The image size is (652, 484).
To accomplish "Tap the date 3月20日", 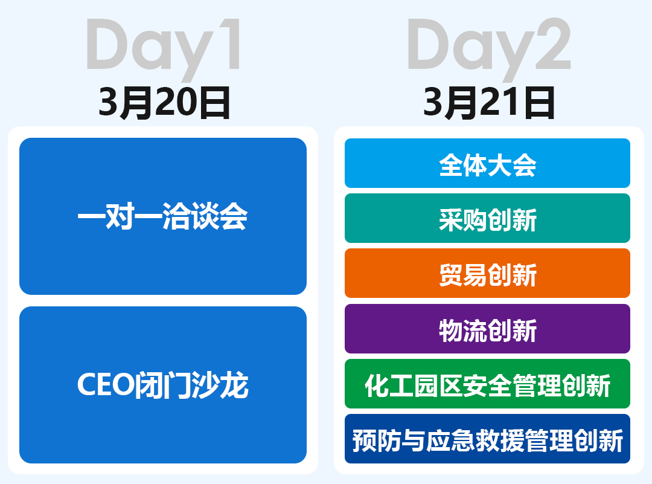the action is [x=164, y=103].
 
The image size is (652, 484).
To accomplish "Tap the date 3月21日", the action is [x=488, y=103].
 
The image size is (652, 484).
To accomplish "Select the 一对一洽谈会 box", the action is [x=163, y=216].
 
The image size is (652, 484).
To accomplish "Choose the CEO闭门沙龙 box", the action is [x=163, y=385].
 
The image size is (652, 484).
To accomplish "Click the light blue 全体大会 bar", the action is [x=487, y=163].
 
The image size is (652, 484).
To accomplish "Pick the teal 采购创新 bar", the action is [x=487, y=218].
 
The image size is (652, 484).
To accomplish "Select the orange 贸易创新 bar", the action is [x=487, y=273].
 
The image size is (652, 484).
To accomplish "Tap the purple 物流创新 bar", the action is [x=487, y=329].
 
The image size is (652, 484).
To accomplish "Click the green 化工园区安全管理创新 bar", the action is [x=487, y=384].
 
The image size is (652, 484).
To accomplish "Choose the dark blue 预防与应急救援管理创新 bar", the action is [x=487, y=439].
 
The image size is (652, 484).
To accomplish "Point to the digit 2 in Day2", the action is [x=553, y=44].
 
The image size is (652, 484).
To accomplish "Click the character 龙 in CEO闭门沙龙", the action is [x=234, y=385].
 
